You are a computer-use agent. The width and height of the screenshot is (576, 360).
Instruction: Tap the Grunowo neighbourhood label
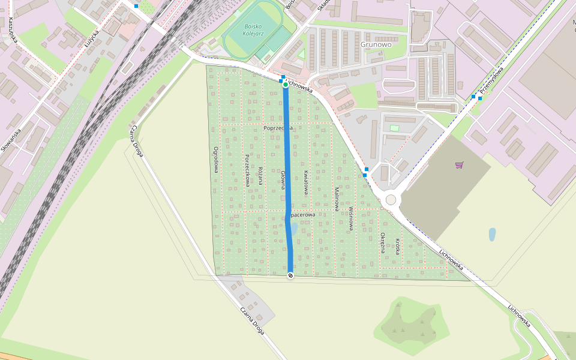coord(376,44)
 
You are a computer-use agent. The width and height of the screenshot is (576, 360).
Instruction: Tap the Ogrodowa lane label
coord(215,161)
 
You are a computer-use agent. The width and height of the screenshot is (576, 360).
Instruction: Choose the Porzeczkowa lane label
coord(247,169)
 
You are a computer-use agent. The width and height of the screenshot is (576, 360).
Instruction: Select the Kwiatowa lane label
coord(305,181)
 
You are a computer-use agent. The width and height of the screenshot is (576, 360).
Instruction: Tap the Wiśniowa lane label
coord(351,219)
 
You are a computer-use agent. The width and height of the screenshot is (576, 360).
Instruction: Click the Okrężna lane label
coord(383,242)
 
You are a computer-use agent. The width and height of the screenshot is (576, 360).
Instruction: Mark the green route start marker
coord(286,85)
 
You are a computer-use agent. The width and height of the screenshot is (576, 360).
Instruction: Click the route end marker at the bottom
coord(291,275)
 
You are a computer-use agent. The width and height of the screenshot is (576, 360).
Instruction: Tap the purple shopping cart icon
coord(459,164)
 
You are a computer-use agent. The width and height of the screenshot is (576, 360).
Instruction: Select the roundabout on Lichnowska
coord(391,199)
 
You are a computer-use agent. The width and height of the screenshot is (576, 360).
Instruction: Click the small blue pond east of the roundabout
coord(493,234)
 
